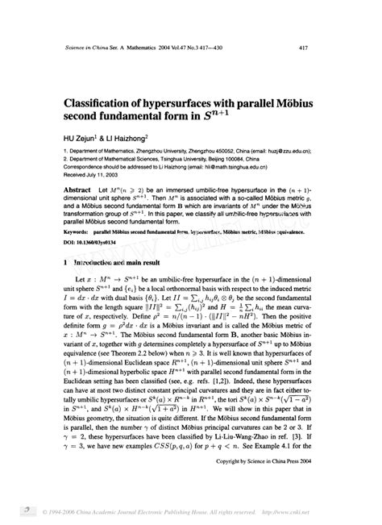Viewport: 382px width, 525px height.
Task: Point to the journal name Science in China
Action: [x=88, y=48]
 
